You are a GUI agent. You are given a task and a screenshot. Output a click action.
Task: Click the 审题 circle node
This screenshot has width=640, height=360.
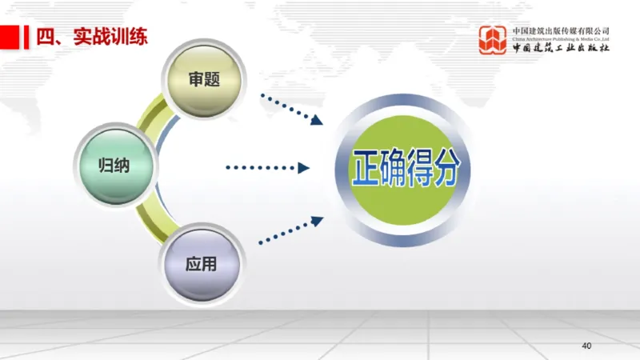204,79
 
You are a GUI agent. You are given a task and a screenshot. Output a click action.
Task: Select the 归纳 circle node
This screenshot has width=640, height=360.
114,166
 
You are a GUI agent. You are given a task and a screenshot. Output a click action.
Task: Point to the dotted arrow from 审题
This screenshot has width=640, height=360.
291,110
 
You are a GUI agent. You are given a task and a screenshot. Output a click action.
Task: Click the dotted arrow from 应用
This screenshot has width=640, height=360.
291,230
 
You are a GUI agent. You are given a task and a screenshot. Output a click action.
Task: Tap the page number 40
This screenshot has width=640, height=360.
586,346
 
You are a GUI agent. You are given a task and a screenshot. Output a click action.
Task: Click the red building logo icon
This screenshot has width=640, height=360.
494,40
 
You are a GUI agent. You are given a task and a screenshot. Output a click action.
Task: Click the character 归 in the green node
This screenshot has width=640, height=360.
106,166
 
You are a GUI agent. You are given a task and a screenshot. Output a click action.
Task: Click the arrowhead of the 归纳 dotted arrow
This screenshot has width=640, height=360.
303,167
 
